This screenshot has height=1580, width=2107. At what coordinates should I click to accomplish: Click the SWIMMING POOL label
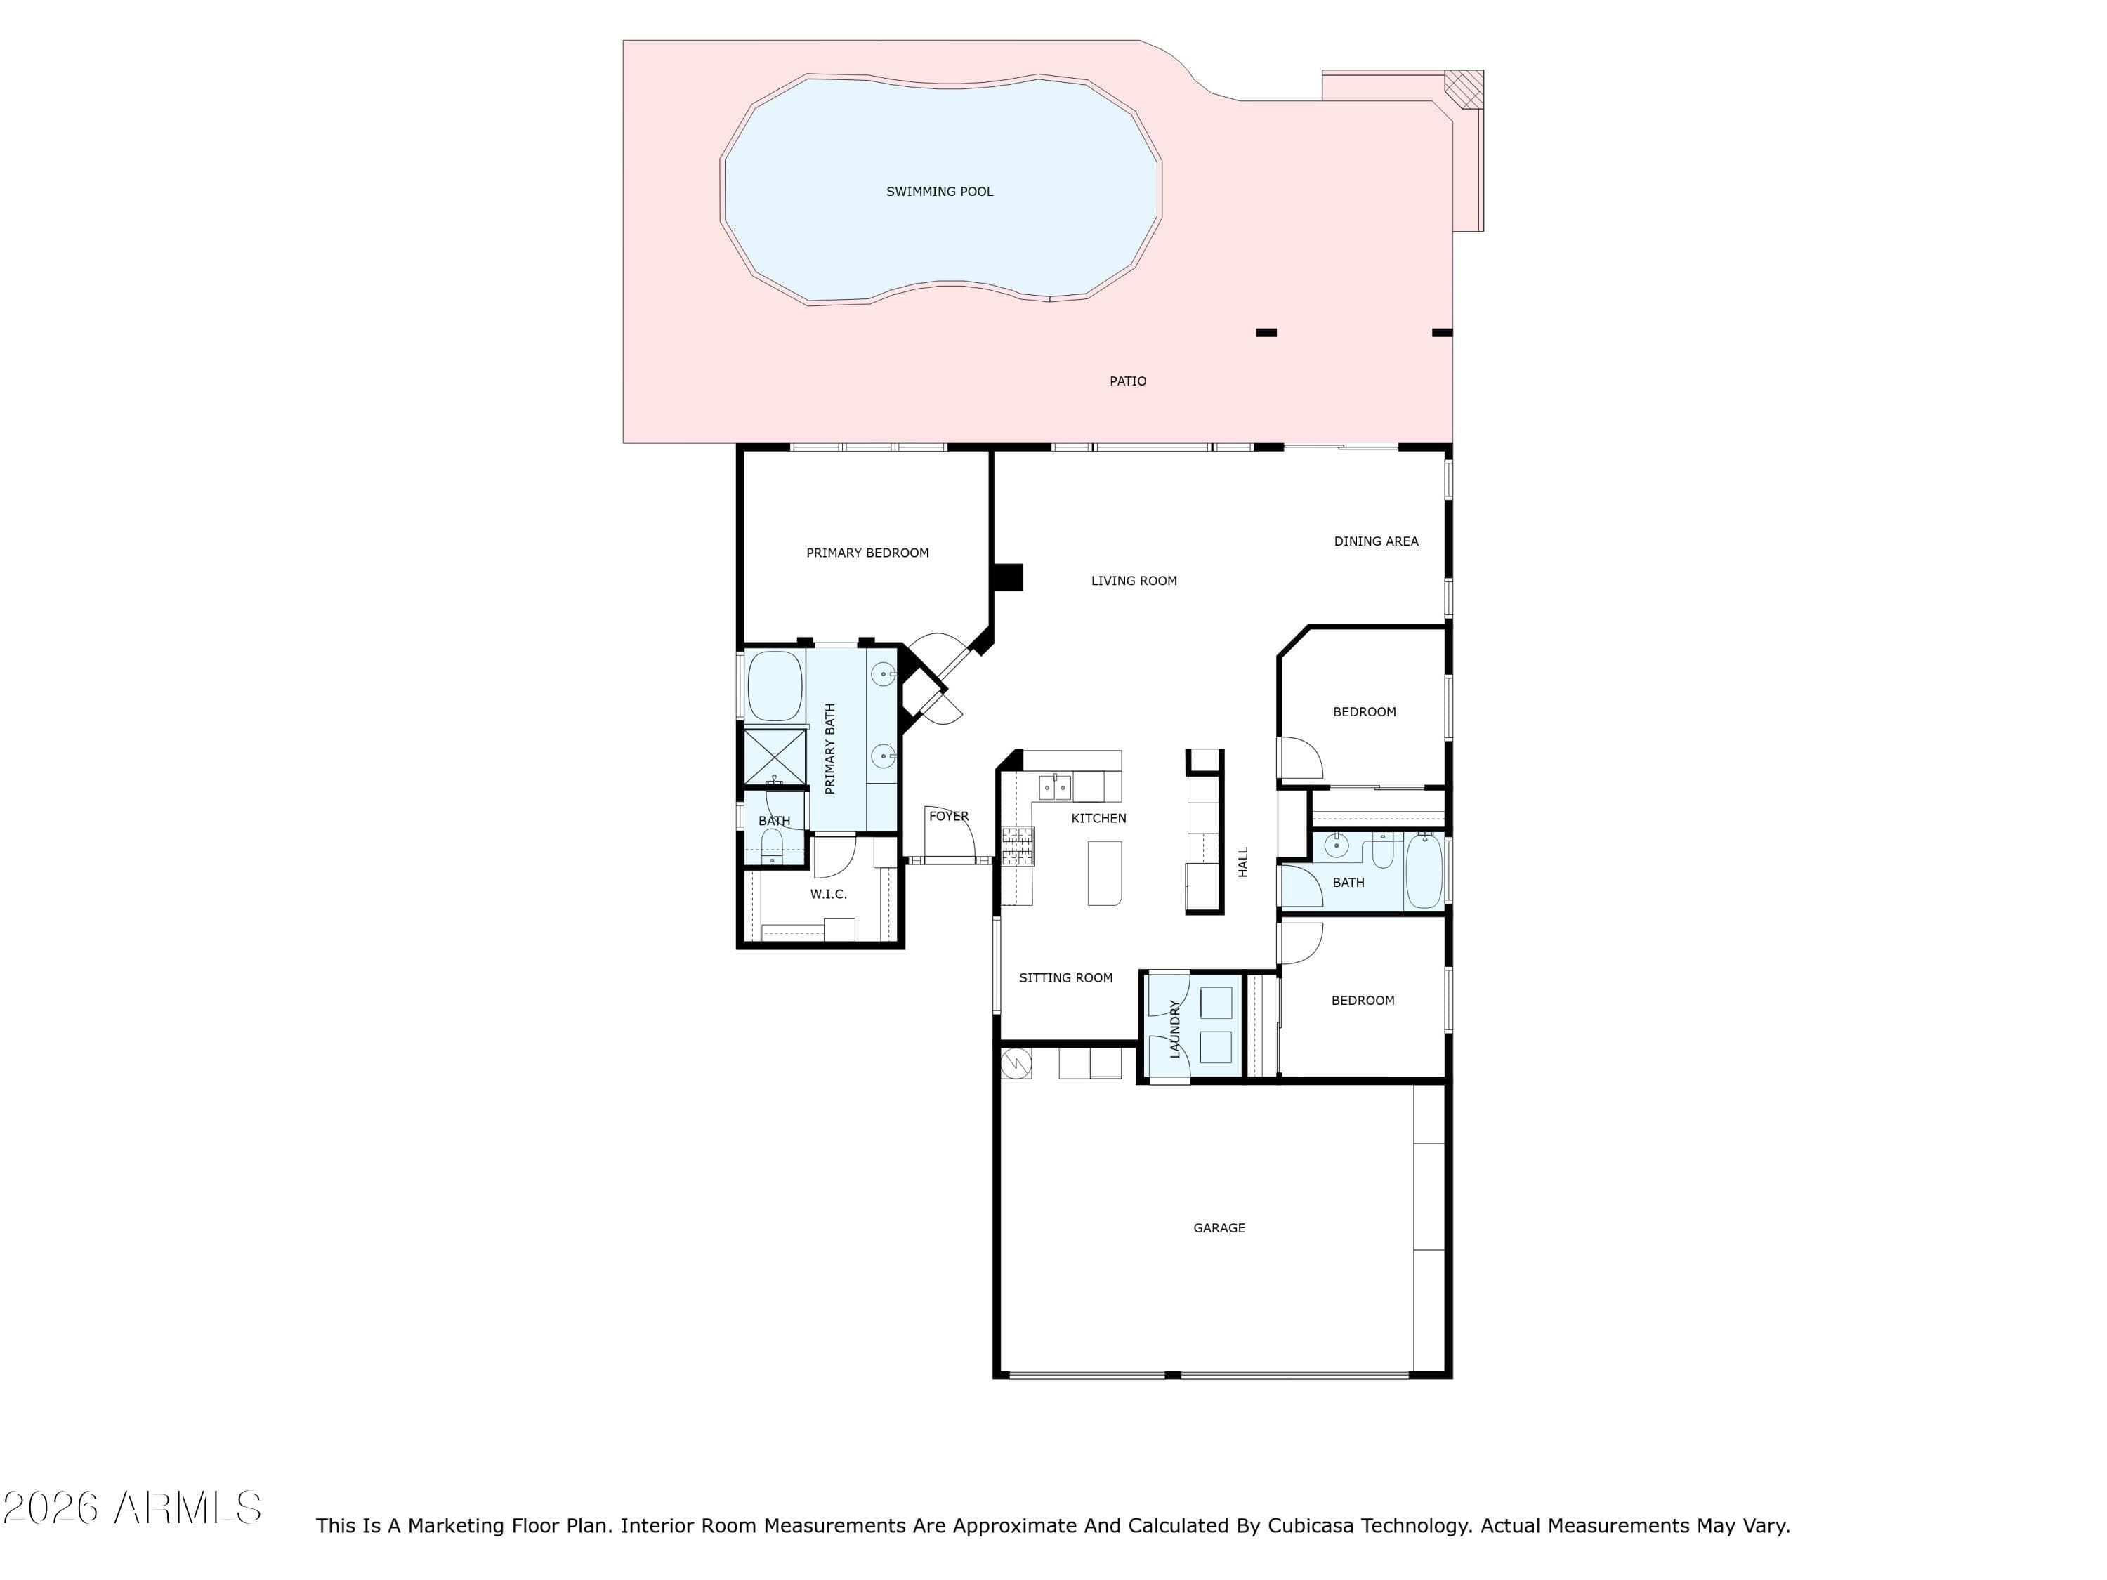click(x=939, y=192)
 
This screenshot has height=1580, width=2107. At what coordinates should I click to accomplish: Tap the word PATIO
click(x=1128, y=381)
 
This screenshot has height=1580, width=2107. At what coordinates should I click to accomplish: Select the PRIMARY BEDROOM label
click(x=867, y=553)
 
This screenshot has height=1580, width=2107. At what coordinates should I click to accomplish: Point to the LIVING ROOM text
click(x=1134, y=580)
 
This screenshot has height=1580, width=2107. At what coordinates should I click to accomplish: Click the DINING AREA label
click(x=1375, y=541)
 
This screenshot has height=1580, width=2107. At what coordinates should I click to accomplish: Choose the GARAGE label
click(x=1219, y=1227)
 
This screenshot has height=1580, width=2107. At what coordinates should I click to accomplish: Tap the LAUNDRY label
click(x=1174, y=1029)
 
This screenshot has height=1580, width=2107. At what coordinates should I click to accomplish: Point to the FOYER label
click(x=949, y=816)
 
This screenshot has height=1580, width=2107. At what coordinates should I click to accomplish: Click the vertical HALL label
click(x=1243, y=862)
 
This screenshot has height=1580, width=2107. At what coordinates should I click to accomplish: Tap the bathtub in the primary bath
click(x=775, y=685)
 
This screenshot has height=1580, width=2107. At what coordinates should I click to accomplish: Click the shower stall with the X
click(x=775, y=757)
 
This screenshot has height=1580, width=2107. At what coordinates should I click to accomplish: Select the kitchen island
click(x=1105, y=872)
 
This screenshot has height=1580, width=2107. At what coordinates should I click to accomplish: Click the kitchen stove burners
click(x=1017, y=845)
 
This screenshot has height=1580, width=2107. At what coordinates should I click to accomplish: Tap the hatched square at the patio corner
click(x=1465, y=88)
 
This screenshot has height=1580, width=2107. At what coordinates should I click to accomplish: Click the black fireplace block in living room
click(x=1008, y=577)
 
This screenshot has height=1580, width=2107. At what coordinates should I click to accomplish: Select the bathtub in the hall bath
click(x=1425, y=871)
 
